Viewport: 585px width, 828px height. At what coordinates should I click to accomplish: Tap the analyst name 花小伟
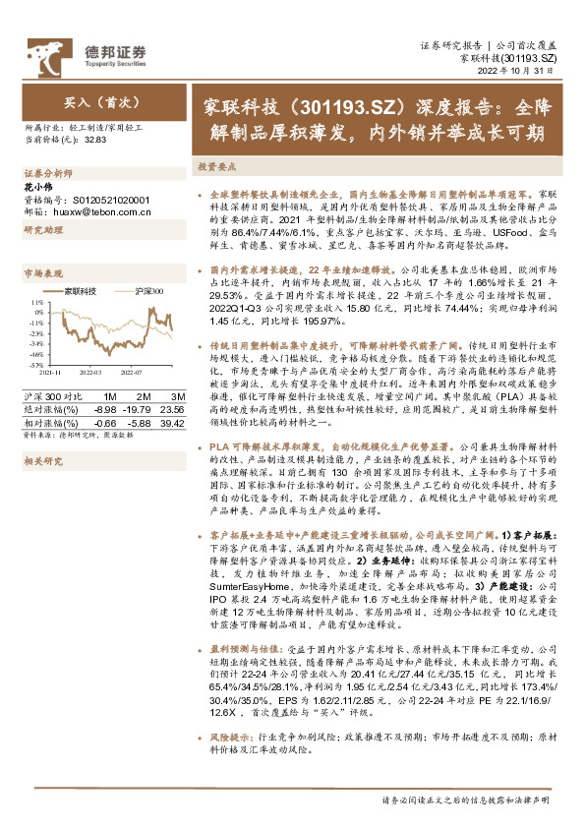pos(35,185)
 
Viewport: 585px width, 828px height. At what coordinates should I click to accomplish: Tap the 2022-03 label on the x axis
pos(90,374)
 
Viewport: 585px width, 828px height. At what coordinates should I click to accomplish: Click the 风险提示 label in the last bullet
pos(230,763)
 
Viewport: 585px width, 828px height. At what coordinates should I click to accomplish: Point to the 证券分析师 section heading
pos(45,171)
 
